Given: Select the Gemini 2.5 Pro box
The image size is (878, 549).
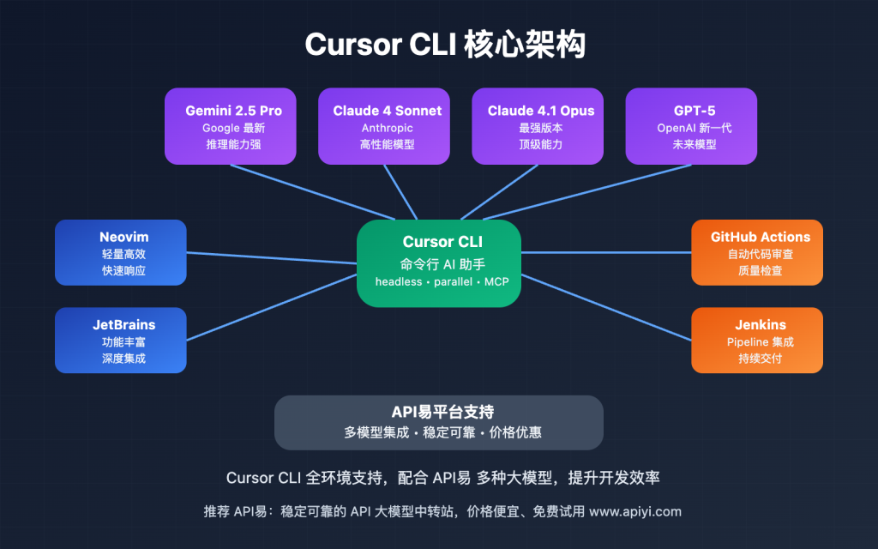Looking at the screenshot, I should coord(231,126).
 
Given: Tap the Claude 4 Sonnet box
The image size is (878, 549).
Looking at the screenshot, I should coord(384,126).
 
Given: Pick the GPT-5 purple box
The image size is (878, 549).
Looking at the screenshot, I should coord(691,126).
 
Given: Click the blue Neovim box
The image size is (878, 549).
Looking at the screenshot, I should coord(121,252).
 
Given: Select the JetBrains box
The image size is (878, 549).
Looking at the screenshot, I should coord(121,340).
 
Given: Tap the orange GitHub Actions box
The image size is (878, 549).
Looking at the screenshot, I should coord(757,252).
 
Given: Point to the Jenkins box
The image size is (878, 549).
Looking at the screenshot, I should coord(757,340).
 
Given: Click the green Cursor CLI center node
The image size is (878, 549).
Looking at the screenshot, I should coord(439,262).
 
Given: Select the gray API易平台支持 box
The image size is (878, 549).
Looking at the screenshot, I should coord(439,422).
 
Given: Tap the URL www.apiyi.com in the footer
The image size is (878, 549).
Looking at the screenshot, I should coord(635,511).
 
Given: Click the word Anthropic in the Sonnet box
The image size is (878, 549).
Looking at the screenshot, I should coord(387,128).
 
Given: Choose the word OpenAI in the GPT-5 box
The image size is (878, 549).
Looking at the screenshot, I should coord(667,128).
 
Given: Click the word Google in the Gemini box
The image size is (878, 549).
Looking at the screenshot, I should coord(220,128).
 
